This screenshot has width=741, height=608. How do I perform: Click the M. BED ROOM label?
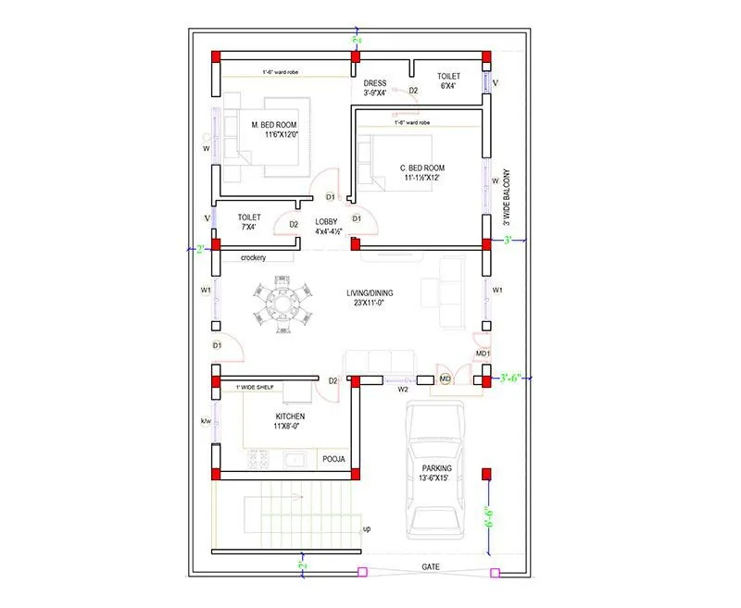(x=274, y=124)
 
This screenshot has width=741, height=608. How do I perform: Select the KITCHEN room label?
(x=290, y=416)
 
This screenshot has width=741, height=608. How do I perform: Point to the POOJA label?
(x=333, y=458)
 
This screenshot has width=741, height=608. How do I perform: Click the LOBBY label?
(x=326, y=222)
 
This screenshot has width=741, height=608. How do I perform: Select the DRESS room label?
(x=375, y=83)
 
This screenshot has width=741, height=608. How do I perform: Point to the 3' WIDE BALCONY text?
(x=507, y=196)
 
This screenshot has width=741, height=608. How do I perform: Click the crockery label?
(x=253, y=258)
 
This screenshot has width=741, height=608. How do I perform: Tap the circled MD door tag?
(x=445, y=379)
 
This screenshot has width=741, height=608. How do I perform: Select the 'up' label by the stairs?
(x=366, y=529)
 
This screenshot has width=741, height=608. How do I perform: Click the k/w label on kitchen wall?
(x=207, y=422)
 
